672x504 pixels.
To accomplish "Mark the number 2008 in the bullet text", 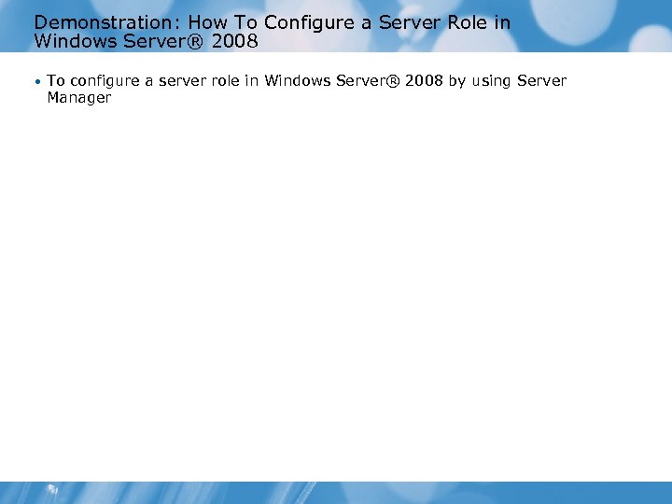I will tap(424, 81).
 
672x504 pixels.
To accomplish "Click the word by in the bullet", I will tap(457, 81).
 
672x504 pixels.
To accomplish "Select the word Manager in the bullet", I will tap(79, 98).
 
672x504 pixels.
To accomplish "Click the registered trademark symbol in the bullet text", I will tap(392, 81).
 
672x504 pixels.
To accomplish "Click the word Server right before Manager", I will tap(542, 81).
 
